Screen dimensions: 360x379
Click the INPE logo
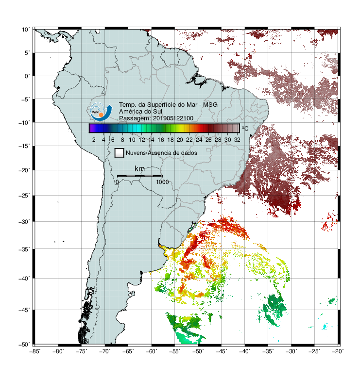pyautogui.click(x=101, y=112)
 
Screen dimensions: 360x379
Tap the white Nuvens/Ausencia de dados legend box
pyautogui.click(x=120, y=153)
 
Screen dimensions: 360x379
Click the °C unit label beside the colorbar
pyautogui.click(x=245, y=128)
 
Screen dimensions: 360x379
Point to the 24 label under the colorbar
pyautogui.click(x=199, y=140)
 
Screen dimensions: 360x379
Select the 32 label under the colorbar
pyautogui.click(x=237, y=140)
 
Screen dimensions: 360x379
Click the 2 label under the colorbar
pyautogui.click(x=94, y=140)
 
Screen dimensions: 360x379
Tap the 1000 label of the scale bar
pyautogui.click(x=162, y=182)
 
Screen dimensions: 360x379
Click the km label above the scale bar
pyautogui.click(x=139, y=168)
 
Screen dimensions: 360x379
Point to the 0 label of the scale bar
pyautogui.click(x=117, y=182)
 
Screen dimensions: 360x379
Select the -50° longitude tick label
pyautogui.click(x=198, y=351)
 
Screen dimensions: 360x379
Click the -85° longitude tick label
pyautogui.click(x=35, y=351)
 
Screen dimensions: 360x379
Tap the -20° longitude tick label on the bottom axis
pyautogui.click(x=338, y=351)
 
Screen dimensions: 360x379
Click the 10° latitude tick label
pyautogui.click(x=26, y=30)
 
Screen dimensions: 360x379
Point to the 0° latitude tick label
pyautogui.click(x=27, y=76)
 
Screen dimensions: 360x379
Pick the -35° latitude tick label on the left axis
pyautogui.click(x=24, y=249)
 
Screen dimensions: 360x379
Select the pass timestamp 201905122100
pyautogui.click(x=173, y=118)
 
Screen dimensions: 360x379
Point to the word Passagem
pyautogui.click(x=135, y=118)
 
